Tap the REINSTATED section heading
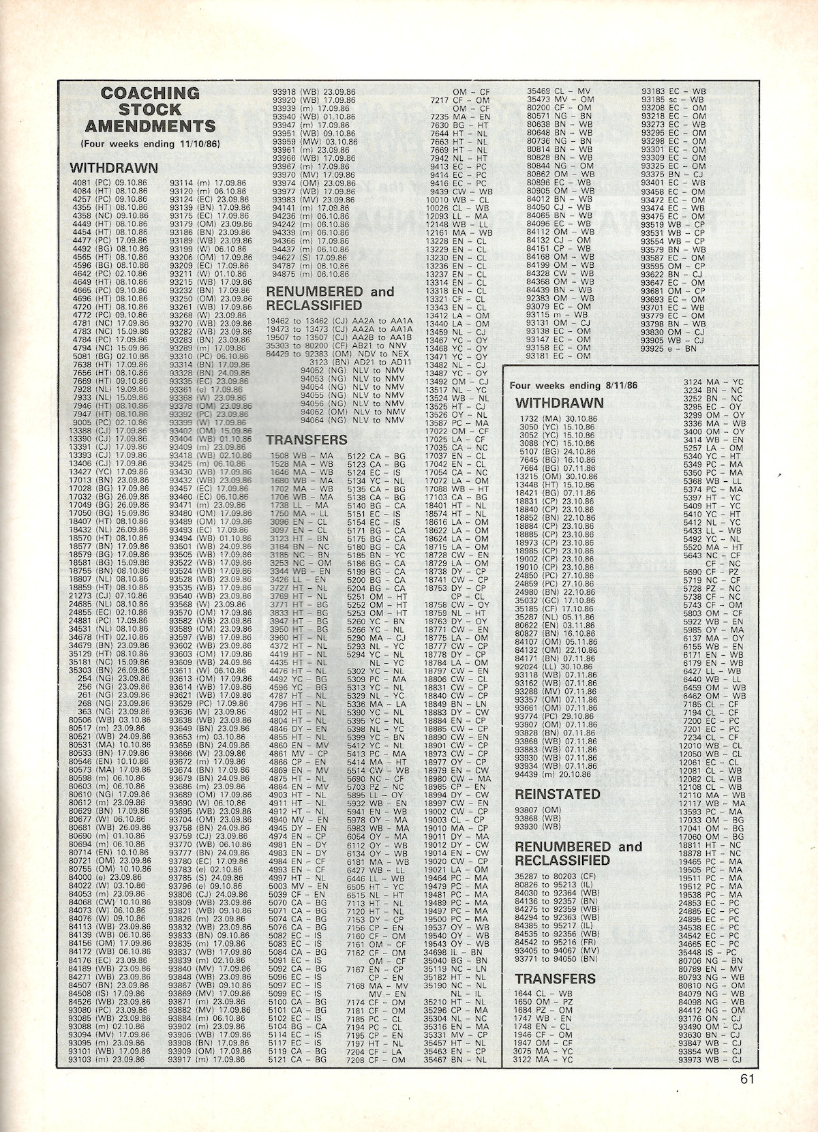(558, 794)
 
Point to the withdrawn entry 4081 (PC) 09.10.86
(109, 183)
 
